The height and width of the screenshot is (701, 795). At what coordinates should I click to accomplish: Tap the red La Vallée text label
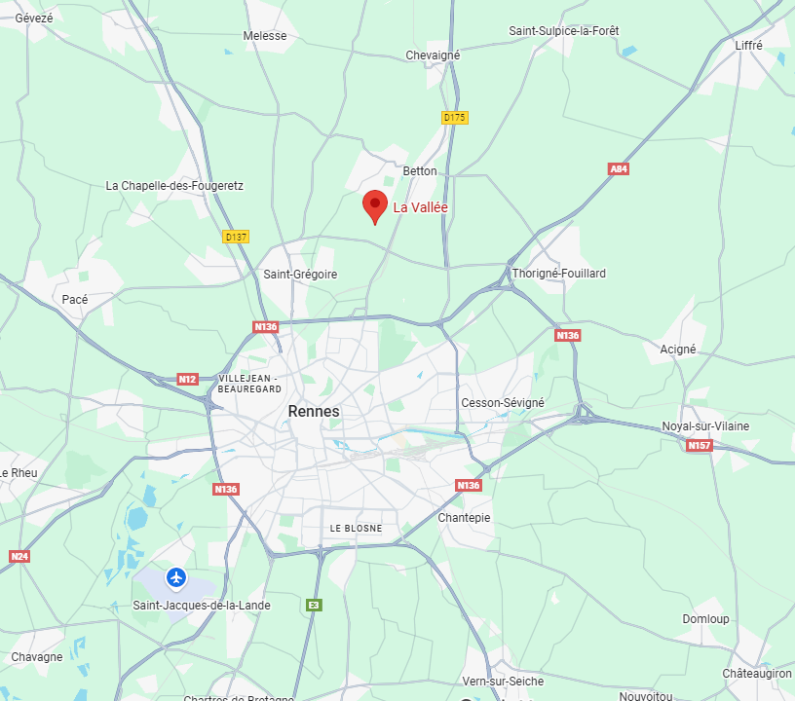click(420, 207)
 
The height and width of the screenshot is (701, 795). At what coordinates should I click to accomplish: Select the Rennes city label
click(314, 412)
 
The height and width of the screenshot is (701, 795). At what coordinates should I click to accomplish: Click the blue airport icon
click(176, 577)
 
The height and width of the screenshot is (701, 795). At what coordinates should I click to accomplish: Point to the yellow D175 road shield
click(455, 118)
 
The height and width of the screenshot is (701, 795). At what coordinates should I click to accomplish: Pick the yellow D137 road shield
click(236, 237)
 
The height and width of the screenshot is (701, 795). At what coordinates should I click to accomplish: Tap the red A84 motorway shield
click(619, 169)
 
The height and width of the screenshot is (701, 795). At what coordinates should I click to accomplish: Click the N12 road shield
click(188, 379)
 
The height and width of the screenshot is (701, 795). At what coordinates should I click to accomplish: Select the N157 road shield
click(699, 446)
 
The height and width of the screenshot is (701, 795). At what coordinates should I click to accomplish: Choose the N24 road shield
click(19, 556)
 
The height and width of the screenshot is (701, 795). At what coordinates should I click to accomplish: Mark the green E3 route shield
click(314, 605)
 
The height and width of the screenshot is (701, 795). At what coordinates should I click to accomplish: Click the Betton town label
click(421, 171)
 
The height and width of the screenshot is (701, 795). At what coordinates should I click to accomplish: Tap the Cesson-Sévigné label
click(503, 403)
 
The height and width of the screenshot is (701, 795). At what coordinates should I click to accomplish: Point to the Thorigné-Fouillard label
click(559, 274)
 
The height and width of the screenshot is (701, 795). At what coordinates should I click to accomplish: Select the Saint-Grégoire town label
click(300, 275)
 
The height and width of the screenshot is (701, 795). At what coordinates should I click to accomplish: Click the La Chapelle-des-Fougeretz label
click(174, 186)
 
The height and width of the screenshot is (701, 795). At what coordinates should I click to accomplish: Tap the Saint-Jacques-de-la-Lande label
click(202, 606)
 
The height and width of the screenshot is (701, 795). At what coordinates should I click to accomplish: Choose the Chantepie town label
click(465, 518)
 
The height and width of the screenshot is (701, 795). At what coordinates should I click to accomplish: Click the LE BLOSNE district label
click(356, 529)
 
